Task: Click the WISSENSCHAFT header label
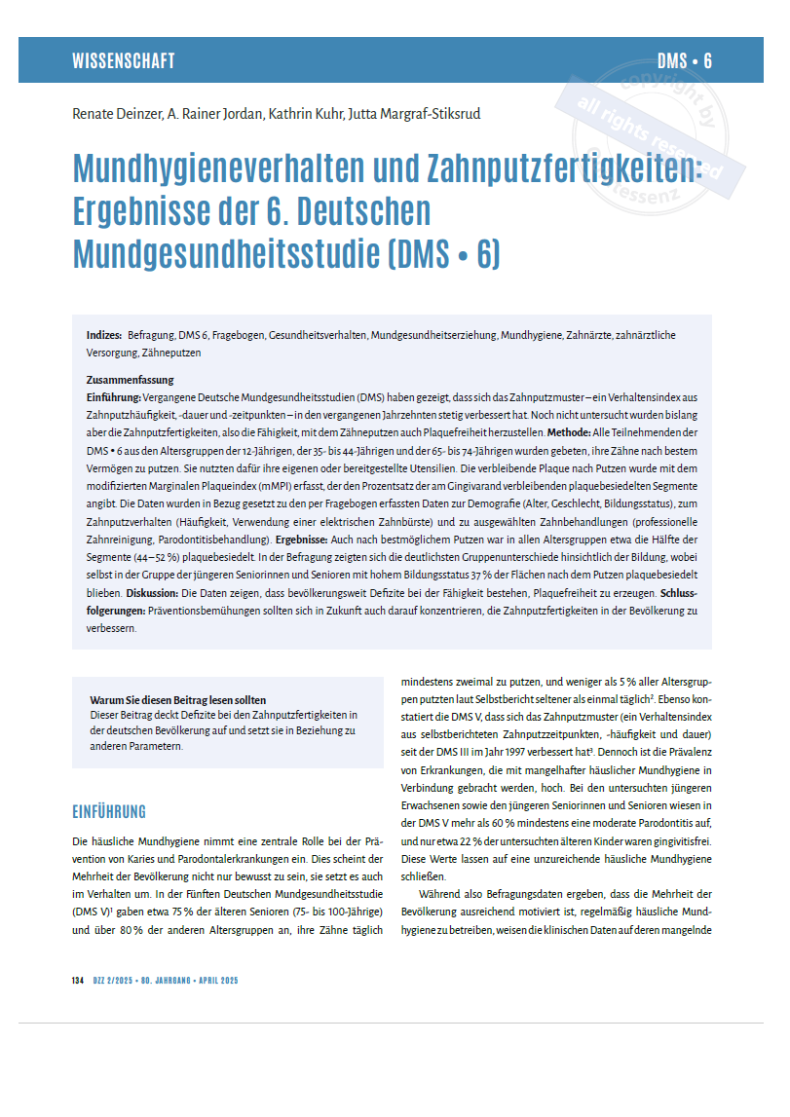124,61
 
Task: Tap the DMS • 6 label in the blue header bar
684,61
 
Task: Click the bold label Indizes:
104,335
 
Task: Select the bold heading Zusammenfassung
130,381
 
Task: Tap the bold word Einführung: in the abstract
114,397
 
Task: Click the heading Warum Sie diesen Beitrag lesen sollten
178,700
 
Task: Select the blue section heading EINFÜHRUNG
109,811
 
